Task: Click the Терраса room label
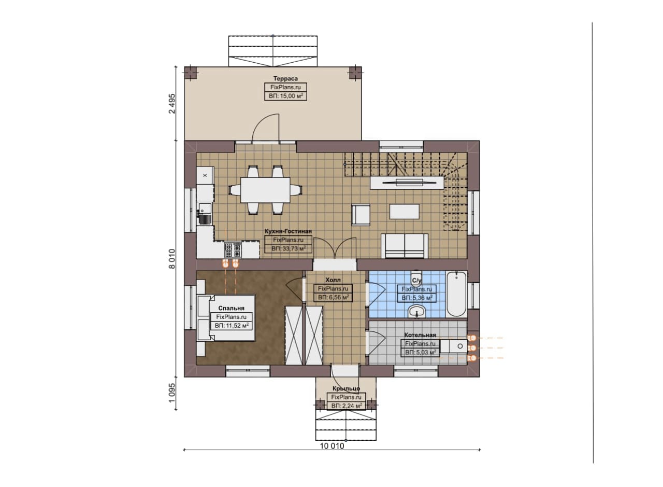(285, 78)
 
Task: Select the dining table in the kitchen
(265, 190)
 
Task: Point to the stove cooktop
(233, 249)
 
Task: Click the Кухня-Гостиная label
(288, 231)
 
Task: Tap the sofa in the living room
(405, 246)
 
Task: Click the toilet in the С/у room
(416, 276)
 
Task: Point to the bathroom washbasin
(417, 312)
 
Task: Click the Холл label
(333, 280)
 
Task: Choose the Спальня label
(231, 308)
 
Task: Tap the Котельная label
(420, 335)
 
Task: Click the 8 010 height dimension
(172, 259)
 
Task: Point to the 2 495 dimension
(172, 104)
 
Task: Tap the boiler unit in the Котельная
(454, 346)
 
